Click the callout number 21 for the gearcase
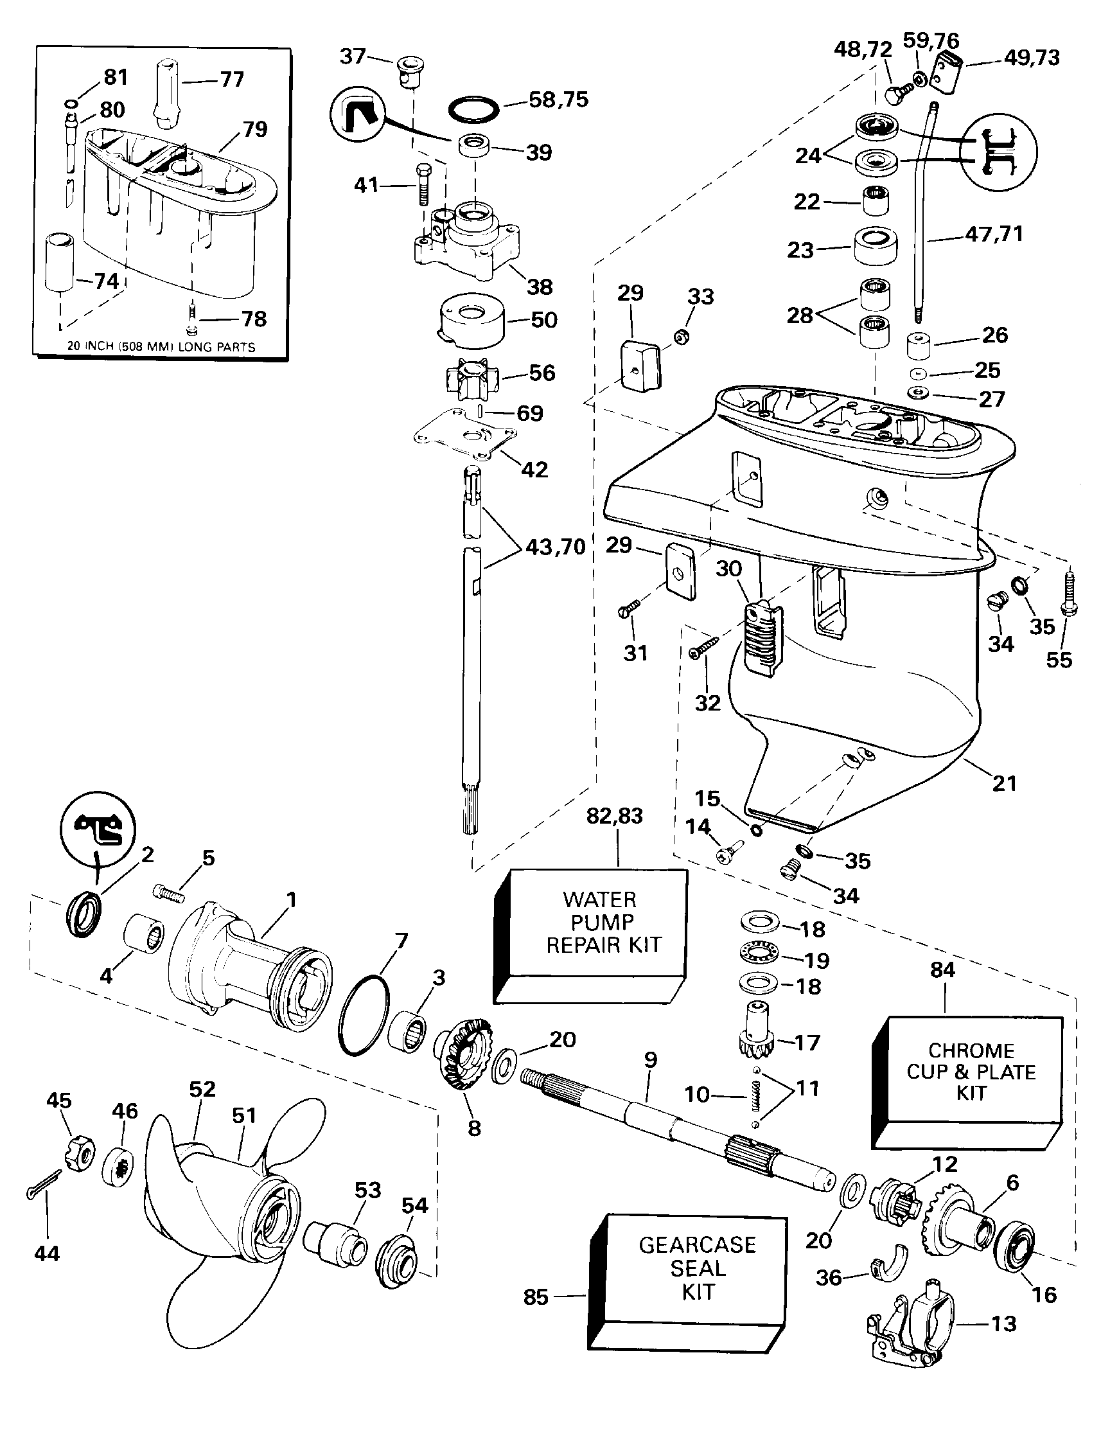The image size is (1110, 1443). (x=1004, y=784)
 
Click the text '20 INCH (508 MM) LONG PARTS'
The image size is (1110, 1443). (x=161, y=346)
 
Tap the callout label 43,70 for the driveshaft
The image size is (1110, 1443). (x=556, y=547)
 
